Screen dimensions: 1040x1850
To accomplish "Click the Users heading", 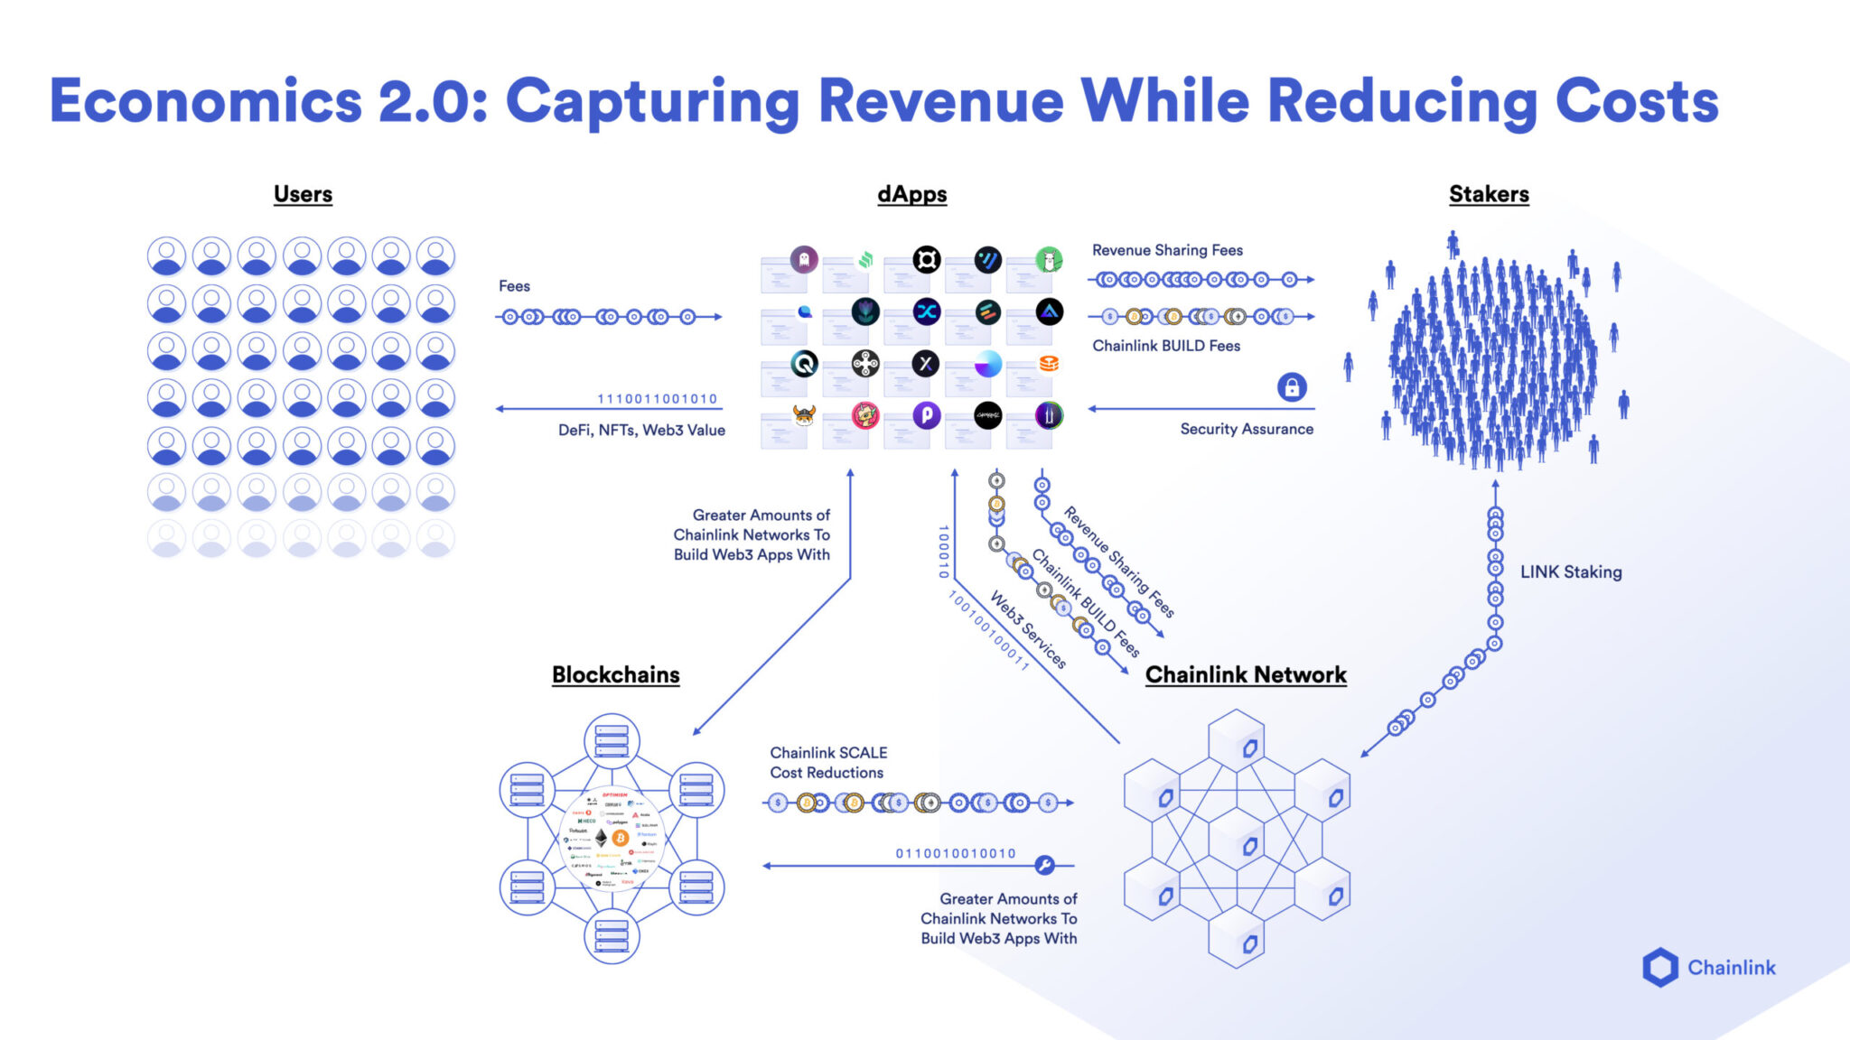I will (x=303, y=194).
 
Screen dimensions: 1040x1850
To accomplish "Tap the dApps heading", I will (x=911, y=194).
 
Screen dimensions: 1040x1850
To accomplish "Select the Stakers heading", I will (x=1489, y=194).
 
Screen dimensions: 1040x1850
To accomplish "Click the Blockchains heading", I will (x=615, y=675).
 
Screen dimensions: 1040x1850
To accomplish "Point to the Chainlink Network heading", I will (x=1246, y=675).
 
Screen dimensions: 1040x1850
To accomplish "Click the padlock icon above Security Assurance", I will (x=1292, y=387).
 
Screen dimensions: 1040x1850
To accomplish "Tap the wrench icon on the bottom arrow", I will (x=1044, y=865).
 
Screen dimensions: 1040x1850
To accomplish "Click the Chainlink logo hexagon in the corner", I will (x=1659, y=967).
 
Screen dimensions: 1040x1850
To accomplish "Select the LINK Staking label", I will (x=1570, y=571).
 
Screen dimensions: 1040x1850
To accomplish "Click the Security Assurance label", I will (x=1247, y=429).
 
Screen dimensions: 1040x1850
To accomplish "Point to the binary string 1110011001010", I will (x=657, y=398).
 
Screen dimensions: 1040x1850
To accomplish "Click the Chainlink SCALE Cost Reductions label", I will (x=827, y=763).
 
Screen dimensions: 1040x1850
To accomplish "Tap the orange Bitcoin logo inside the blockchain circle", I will (x=620, y=838).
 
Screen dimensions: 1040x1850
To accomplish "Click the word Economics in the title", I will (x=205, y=101).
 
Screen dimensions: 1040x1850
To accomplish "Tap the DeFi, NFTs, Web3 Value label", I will (x=641, y=431).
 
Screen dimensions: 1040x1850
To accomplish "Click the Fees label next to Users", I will (x=514, y=286).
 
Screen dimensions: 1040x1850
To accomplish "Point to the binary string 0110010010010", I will (x=956, y=853).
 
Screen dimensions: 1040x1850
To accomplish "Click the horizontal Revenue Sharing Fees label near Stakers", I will (x=1167, y=250).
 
